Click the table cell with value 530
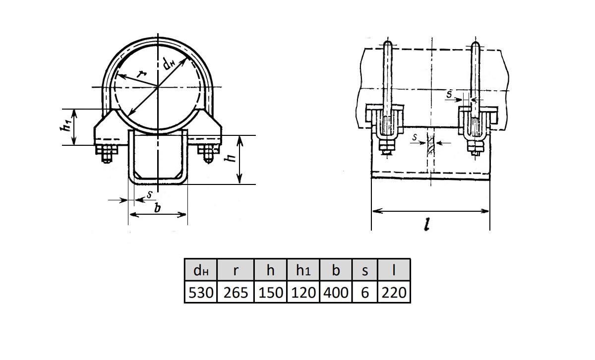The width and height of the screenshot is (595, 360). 201,292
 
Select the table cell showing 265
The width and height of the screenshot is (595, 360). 236,292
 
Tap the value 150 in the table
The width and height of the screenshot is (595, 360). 270,292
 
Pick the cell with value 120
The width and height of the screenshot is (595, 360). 303,292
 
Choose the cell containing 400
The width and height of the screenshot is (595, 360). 336,292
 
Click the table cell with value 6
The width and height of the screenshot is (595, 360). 365,292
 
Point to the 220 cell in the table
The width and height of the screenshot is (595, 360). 394,292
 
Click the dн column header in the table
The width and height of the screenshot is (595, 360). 201,270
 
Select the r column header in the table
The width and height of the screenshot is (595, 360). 236,270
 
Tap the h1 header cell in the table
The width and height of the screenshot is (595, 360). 303,270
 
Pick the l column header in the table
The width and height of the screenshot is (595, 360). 394,270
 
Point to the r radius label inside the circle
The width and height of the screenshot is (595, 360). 141,73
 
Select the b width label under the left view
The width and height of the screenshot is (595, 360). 158,208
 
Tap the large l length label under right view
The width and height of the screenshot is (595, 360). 427,225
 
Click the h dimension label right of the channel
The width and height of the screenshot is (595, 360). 230,158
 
